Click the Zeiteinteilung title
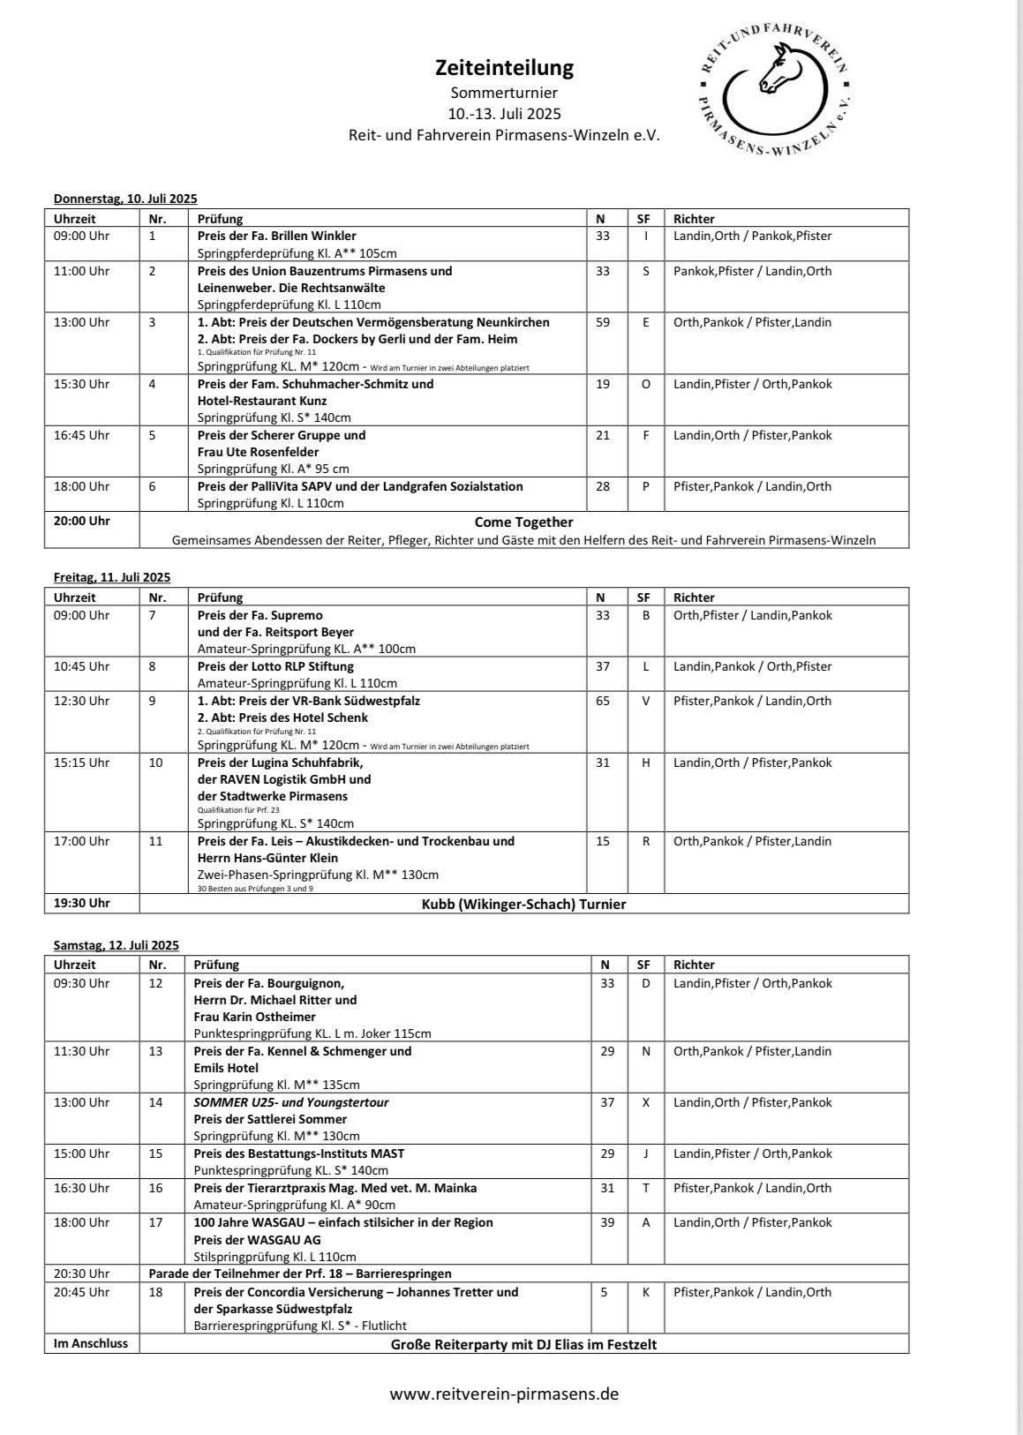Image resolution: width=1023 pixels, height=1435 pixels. click(504, 68)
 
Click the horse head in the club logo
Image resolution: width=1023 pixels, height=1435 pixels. click(777, 71)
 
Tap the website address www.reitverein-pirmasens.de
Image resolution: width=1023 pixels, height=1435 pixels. click(504, 1394)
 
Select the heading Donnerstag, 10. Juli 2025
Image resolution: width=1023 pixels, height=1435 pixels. click(125, 199)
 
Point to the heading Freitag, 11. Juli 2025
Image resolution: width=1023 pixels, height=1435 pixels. click(112, 577)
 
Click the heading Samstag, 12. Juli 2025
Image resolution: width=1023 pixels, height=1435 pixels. click(116, 945)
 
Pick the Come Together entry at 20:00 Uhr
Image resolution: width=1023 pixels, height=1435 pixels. click(523, 522)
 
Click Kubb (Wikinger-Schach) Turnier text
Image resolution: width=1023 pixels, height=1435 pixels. click(523, 904)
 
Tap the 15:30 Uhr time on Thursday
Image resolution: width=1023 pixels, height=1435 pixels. click(82, 384)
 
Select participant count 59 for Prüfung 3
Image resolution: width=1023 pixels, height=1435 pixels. click(603, 322)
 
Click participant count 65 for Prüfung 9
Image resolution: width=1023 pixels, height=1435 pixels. click(603, 701)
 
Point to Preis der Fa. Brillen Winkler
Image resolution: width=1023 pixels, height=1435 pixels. click(277, 236)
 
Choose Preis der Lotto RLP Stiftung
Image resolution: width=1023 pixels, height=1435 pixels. click(275, 666)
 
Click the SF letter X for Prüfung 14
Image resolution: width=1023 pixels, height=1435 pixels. click(645, 1102)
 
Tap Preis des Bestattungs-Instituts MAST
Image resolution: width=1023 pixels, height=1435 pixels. click(299, 1153)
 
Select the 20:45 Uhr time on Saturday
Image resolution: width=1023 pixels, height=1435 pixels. click(82, 1292)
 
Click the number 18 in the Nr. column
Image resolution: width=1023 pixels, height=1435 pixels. click(155, 1292)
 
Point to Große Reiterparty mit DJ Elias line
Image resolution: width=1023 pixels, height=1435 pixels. click(523, 1345)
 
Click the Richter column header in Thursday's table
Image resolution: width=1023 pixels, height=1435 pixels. click(694, 219)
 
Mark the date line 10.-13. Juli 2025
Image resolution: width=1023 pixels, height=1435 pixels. click(504, 114)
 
